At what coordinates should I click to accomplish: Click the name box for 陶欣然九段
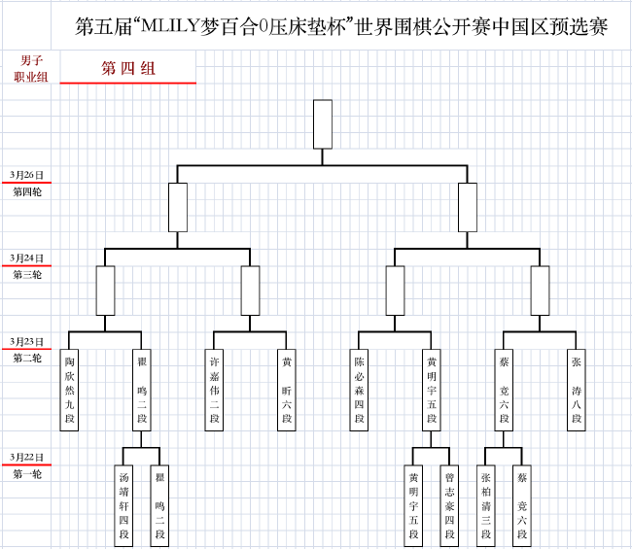(69, 390)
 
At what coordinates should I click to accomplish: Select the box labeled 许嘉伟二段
(214, 390)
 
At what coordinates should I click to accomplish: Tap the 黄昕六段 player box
(287, 390)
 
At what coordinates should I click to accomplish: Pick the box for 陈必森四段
(359, 390)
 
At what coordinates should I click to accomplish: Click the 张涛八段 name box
(577, 390)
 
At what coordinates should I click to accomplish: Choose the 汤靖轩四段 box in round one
(123, 506)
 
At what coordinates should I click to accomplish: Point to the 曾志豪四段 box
(449, 506)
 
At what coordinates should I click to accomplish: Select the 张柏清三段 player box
(486, 506)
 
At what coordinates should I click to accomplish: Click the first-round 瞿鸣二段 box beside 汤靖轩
(159, 506)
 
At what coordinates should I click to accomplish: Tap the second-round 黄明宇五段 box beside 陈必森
(432, 390)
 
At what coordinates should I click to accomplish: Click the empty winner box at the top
(323, 124)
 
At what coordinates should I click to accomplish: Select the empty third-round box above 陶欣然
(105, 291)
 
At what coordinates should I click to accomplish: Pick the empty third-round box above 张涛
(540, 291)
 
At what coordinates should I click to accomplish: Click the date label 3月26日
(26, 175)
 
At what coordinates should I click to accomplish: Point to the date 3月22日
(26, 457)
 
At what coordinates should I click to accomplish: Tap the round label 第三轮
(27, 275)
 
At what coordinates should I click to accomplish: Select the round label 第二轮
(27, 358)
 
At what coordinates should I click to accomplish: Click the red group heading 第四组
(128, 68)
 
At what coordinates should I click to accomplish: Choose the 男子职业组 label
(31, 68)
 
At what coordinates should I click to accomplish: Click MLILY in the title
(169, 26)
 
